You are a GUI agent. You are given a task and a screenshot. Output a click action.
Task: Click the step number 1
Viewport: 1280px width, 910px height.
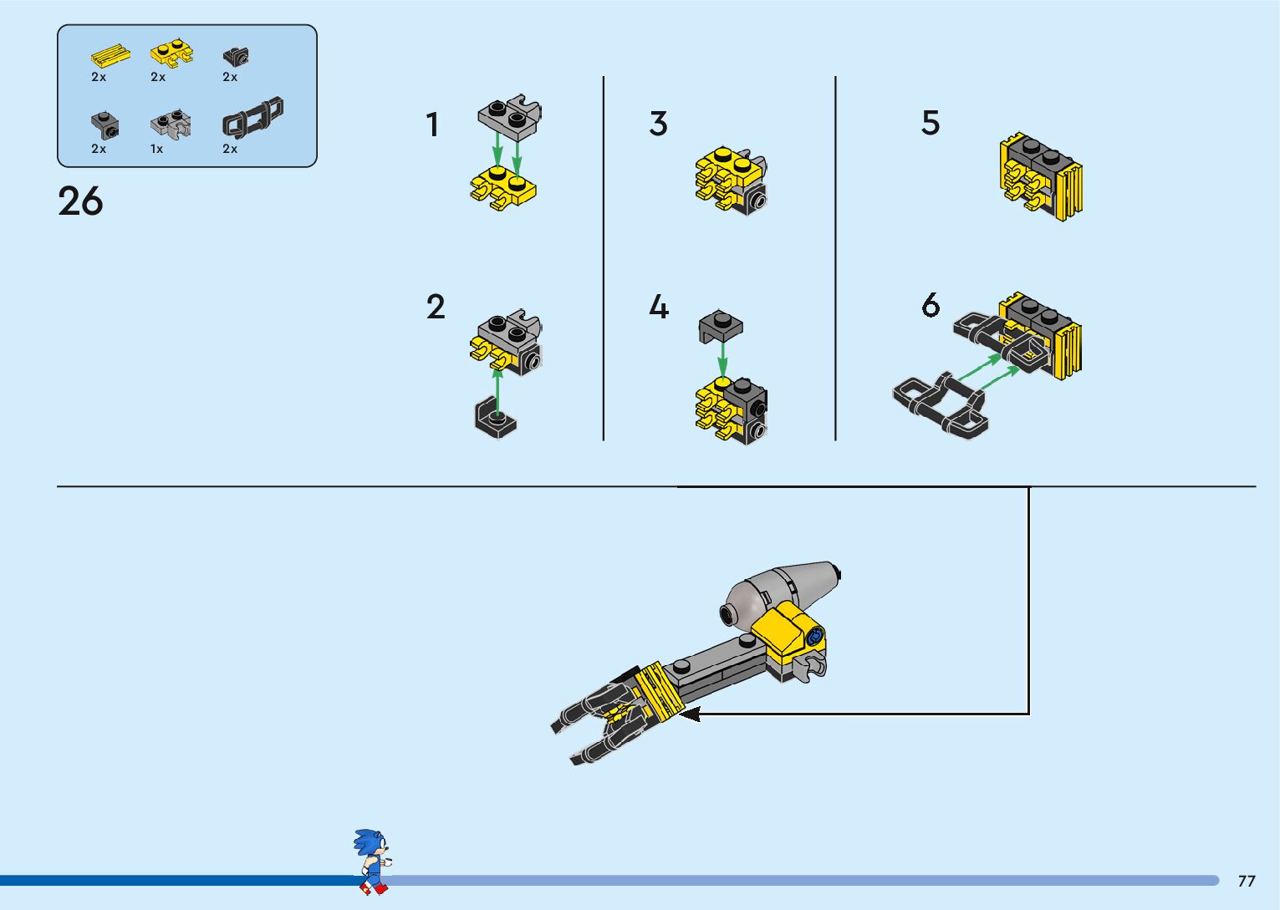tap(432, 125)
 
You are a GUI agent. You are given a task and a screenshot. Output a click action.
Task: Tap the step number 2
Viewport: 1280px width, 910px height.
tap(436, 307)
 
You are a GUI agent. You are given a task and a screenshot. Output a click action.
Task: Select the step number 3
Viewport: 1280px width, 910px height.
tap(659, 124)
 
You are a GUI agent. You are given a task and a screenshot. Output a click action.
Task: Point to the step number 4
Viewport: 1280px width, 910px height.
tap(659, 307)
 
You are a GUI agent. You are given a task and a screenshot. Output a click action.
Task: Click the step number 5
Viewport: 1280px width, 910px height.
tap(931, 123)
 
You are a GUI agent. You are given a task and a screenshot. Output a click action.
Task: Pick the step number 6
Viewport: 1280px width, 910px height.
tap(931, 305)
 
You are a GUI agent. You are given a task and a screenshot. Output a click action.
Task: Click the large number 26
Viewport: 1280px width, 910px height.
tap(80, 201)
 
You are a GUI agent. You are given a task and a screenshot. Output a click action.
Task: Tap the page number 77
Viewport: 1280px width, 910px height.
tap(1247, 881)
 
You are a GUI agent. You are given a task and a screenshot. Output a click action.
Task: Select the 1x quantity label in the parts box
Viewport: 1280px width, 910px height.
tap(156, 149)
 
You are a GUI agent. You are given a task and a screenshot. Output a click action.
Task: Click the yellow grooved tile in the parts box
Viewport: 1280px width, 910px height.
tap(110, 56)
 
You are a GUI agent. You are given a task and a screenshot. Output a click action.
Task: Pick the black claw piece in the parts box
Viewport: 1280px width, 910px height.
tap(252, 118)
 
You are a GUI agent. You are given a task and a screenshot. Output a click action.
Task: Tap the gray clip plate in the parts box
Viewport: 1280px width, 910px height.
tap(171, 125)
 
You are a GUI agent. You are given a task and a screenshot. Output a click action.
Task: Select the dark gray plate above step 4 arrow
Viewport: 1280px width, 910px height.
tap(721, 325)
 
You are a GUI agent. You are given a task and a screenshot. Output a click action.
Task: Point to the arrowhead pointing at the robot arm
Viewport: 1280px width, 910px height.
tap(690, 714)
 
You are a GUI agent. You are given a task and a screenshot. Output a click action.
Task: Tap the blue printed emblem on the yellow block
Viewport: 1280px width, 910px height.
tap(814, 637)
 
